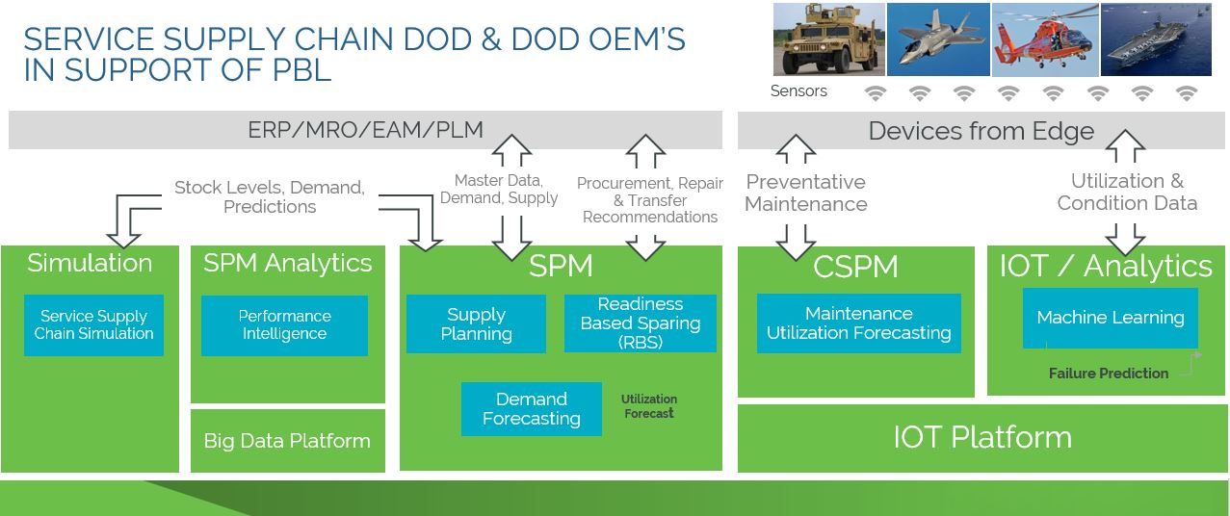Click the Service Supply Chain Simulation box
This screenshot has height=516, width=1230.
[x=93, y=325]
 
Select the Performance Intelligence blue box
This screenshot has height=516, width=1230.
[x=284, y=325]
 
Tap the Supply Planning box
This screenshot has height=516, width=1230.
[x=476, y=324]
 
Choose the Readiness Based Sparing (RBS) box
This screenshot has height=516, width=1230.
[x=641, y=322]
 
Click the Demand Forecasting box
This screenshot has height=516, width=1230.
[x=531, y=409]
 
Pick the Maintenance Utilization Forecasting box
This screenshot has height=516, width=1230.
[x=858, y=323]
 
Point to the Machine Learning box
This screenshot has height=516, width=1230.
[x=1110, y=318]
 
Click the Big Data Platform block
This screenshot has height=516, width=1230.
[x=287, y=441]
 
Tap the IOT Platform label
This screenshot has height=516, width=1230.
[x=981, y=437]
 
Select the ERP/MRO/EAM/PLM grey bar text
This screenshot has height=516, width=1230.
[x=365, y=130]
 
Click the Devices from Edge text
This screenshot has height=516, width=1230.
[x=981, y=131]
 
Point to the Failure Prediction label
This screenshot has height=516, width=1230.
[x=1108, y=374]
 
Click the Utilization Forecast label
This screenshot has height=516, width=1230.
[x=649, y=406]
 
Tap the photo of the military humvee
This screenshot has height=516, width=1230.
[x=828, y=39]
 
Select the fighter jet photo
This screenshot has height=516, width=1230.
[x=937, y=39]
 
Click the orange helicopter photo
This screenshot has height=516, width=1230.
[x=1045, y=39]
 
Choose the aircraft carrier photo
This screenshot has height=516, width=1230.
[x=1156, y=39]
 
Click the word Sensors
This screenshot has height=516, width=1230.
[x=798, y=91]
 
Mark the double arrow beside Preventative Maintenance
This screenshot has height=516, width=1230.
[x=796, y=197]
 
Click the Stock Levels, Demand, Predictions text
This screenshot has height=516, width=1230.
[x=270, y=197]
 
